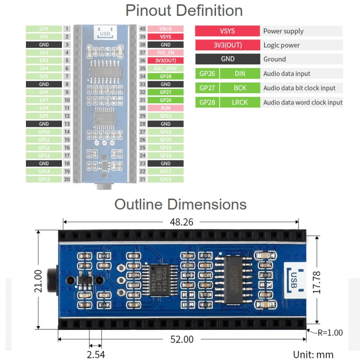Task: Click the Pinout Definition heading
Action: (184, 11)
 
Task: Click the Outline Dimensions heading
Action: (180, 204)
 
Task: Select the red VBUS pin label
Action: (166, 29)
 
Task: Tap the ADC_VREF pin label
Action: (166, 68)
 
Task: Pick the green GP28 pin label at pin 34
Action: (166, 76)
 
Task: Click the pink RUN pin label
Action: (166, 108)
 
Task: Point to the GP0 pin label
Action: (44, 29)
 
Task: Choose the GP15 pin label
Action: (44, 179)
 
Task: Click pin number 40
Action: (142, 29)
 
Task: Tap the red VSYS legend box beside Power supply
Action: (228, 31)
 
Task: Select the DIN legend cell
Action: (240, 74)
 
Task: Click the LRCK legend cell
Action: (240, 102)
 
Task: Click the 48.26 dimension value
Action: (182, 222)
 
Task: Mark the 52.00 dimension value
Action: (182, 339)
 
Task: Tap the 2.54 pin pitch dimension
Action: (95, 355)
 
